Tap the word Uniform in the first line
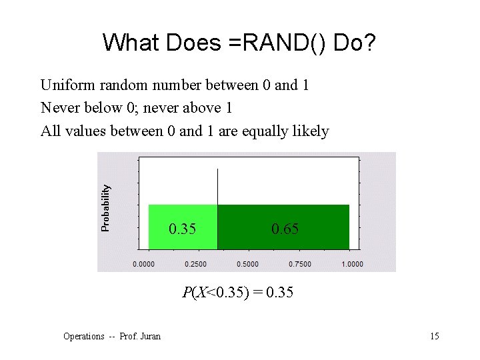(66, 85)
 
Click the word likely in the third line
(311, 131)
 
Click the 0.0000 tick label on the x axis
(143, 264)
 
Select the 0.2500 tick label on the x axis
(195, 264)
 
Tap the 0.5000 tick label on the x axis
(247, 264)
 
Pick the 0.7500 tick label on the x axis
(299, 264)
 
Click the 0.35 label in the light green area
(182, 229)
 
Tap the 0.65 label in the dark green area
(285, 229)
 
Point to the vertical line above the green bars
(218, 187)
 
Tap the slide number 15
(434, 336)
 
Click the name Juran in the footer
(151, 336)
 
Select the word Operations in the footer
(84, 336)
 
